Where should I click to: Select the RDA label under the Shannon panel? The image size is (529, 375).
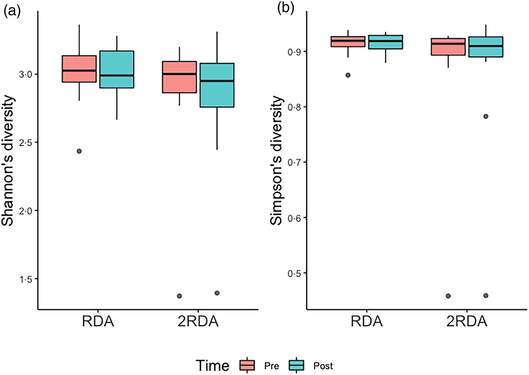click(98, 322)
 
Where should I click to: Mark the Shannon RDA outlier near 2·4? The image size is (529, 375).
click(79, 151)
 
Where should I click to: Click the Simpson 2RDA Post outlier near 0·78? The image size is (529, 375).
click(486, 116)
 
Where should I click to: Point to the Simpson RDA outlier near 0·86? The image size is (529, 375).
click(348, 75)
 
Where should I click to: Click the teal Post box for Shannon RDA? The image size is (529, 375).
click(117, 69)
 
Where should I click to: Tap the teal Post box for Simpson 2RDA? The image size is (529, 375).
click(486, 47)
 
